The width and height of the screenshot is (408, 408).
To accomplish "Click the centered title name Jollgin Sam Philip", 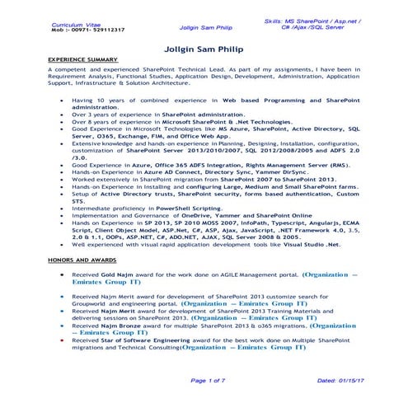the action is pyautogui.click(x=204, y=48).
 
